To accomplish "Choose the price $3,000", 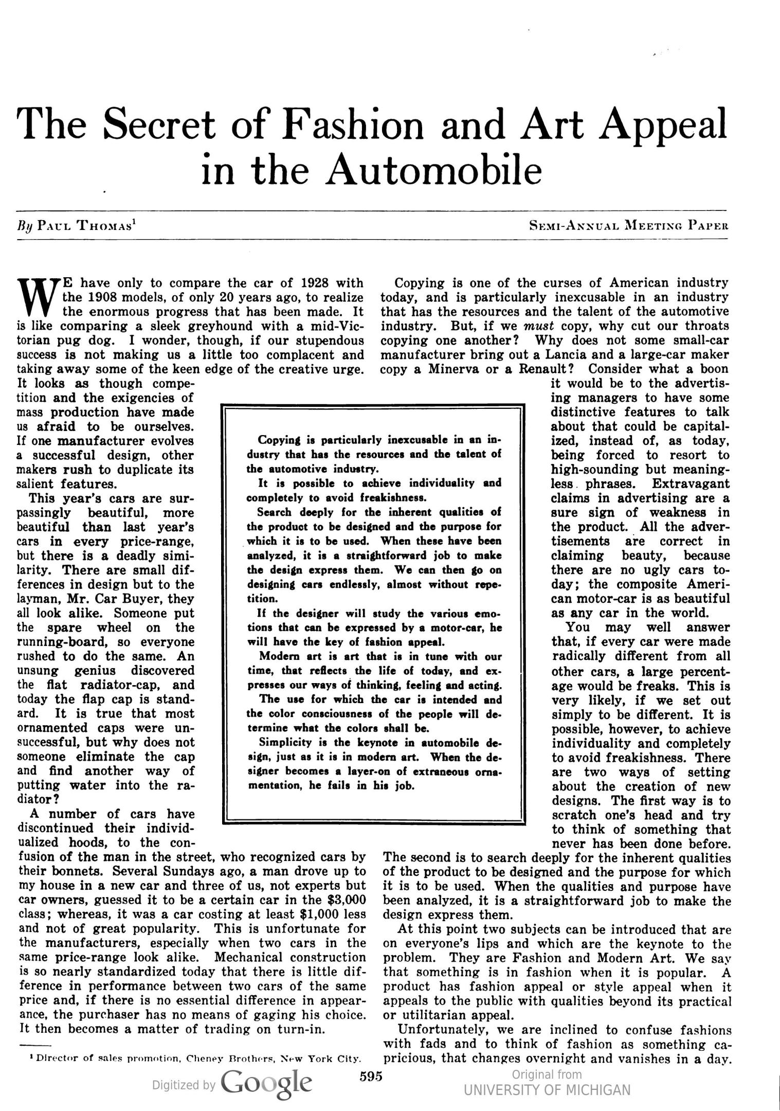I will (347, 900).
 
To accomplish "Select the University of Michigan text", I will (547, 1090).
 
